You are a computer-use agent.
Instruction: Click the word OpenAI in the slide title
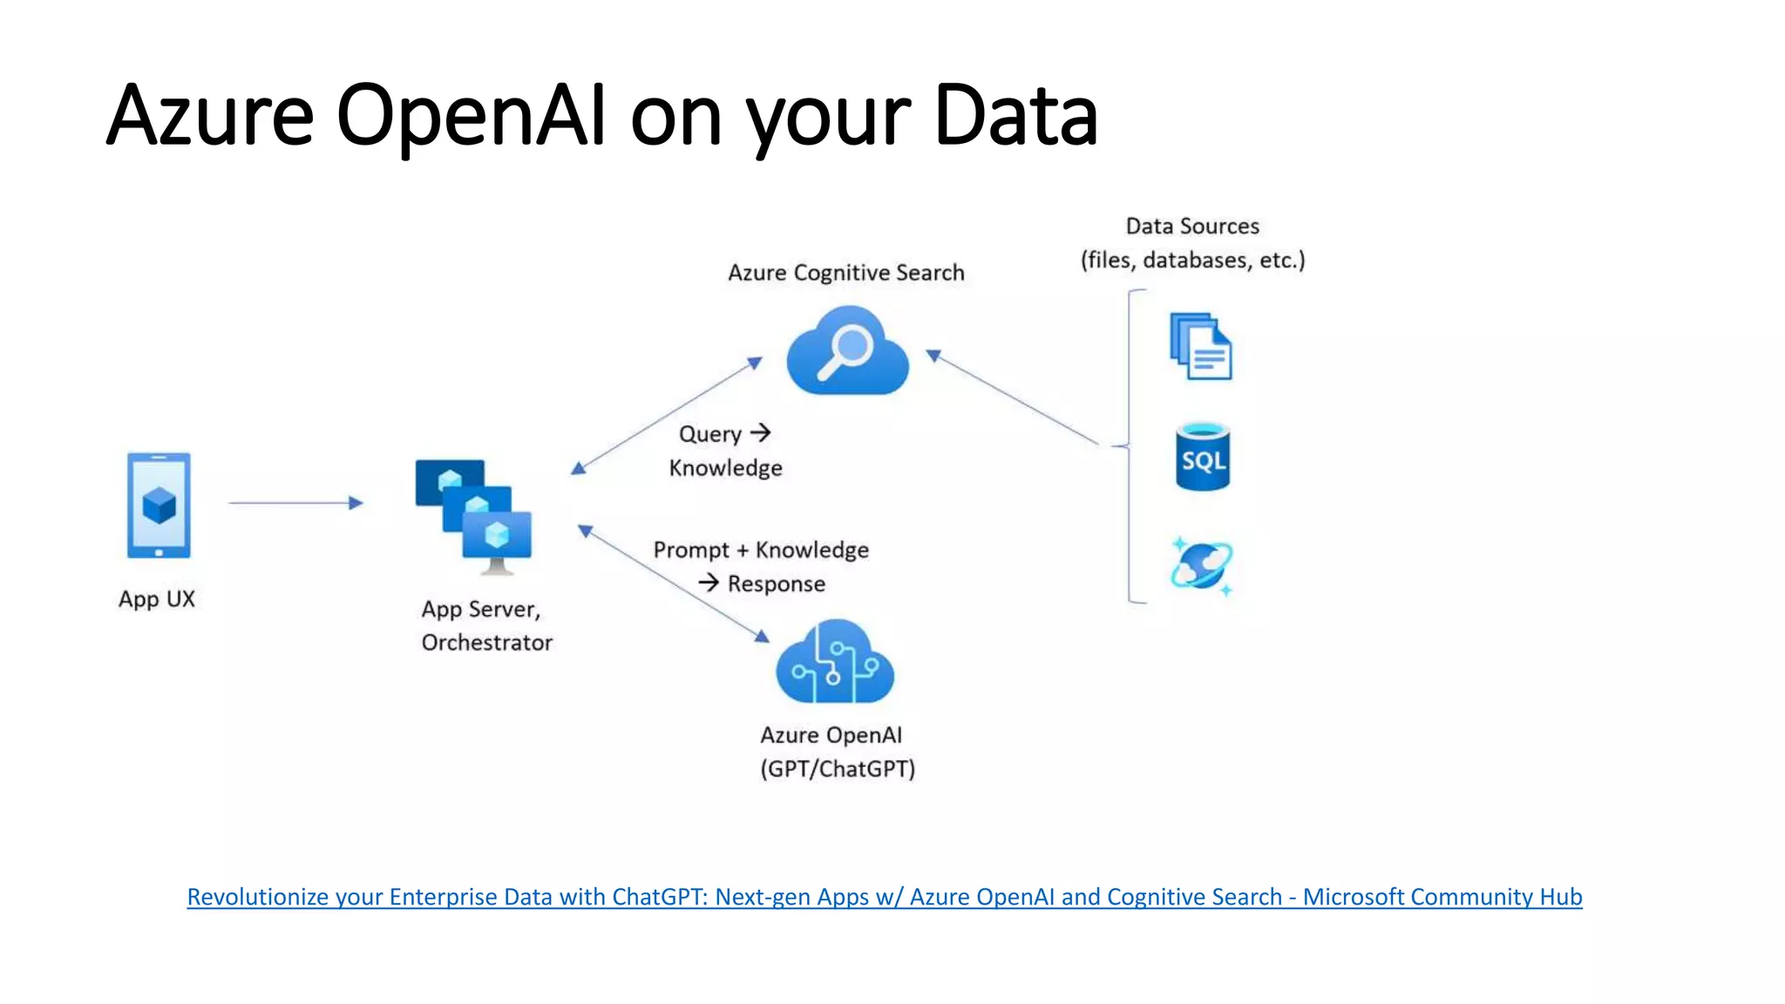click(x=471, y=115)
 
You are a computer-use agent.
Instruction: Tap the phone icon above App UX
click(x=159, y=505)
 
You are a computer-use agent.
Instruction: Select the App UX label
click(x=157, y=600)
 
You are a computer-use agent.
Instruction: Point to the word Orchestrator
click(x=486, y=643)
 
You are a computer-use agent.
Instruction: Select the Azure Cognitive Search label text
click(x=845, y=273)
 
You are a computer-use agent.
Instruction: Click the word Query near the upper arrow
click(x=709, y=434)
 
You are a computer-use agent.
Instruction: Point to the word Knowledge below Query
click(x=725, y=469)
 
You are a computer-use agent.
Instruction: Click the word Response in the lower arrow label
click(x=776, y=584)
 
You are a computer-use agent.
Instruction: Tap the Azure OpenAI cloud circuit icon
click(x=835, y=664)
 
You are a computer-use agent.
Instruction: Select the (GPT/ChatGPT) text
click(x=838, y=770)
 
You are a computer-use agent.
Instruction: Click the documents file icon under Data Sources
click(x=1201, y=347)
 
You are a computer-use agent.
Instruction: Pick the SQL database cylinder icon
click(x=1203, y=458)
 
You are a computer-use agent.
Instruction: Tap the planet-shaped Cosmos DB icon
click(x=1201, y=566)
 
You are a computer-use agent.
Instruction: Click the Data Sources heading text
click(x=1192, y=227)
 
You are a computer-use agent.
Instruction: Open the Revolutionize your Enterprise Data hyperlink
click(x=884, y=897)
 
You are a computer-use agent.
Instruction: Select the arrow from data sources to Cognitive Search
click(x=1015, y=399)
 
